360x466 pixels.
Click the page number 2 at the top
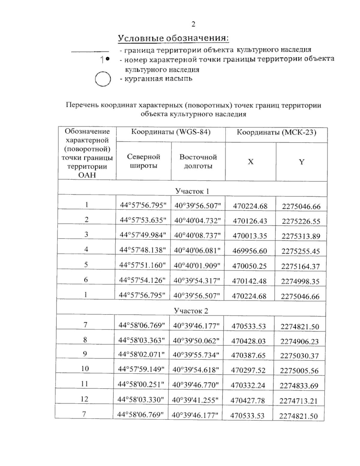(193, 24)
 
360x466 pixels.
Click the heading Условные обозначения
(173, 38)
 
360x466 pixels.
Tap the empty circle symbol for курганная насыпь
(103, 79)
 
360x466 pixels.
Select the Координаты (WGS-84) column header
(171, 132)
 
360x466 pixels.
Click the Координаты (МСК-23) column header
(276, 132)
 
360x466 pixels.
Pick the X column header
(250, 162)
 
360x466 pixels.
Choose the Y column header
(301, 162)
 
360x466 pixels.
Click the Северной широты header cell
(143, 161)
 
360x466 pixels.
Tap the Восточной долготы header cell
(198, 161)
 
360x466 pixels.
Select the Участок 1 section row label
(192, 191)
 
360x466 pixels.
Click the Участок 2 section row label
(191, 311)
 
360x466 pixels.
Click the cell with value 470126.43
(250, 221)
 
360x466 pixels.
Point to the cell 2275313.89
(301, 236)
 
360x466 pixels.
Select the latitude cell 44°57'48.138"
(142, 250)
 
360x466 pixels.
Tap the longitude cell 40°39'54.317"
(197, 281)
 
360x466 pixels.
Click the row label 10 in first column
(85, 368)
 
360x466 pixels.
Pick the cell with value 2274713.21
(298, 401)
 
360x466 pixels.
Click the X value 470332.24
(248, 385)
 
